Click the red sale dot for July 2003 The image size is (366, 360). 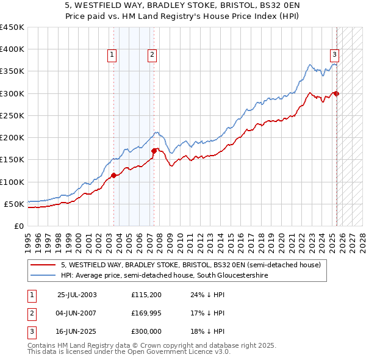point(113,175)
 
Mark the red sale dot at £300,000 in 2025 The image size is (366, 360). point(337,93)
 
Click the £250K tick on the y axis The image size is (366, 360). point(12,115)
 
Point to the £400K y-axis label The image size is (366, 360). point(12,49)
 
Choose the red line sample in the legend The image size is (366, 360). point(44,265)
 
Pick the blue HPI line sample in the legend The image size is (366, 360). point(44,276)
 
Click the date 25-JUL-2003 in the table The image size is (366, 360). point(77,295)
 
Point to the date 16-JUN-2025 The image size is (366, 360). point(77,333)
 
